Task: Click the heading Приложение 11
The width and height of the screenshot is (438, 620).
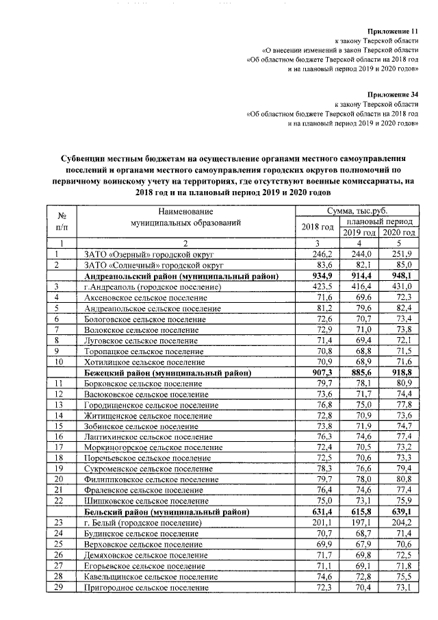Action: click(392, 32)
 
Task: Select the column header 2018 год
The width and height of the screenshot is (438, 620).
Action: click(317, 227)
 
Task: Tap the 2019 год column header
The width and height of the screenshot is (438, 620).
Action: click(360, 233)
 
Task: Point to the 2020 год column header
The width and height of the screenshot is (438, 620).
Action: click(399, 233)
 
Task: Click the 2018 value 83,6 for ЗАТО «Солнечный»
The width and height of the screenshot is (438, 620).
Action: click(321, 265)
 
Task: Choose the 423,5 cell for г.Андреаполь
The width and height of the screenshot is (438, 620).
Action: click(320, 286)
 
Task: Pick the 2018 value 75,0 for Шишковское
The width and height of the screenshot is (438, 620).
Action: click(321, 501)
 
